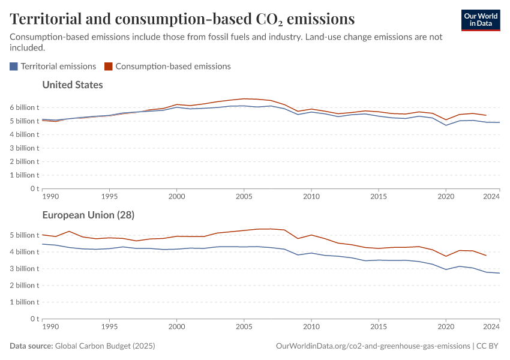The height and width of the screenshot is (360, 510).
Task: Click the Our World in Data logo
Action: (480, 19)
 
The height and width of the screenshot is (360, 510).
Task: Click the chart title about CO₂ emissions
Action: (182, 19)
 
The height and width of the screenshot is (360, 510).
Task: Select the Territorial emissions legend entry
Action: (53, 67)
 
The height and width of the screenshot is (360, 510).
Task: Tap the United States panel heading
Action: (73, 85)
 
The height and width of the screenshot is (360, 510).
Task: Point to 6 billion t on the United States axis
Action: (25, 107)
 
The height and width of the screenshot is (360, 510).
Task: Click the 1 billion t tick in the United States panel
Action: (25, 175)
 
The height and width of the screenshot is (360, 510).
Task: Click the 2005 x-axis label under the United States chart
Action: (244, 196)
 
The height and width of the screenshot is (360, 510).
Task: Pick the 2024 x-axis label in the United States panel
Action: (491, 196)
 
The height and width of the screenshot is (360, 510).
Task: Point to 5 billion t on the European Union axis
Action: (25, 235)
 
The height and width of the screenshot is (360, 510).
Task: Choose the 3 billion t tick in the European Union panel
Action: (25, 269)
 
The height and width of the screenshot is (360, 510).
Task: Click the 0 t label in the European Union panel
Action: (34, 319)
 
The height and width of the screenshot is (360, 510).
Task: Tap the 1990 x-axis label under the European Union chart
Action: (50, 327)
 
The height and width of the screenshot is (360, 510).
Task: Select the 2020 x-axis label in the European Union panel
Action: (445, 327)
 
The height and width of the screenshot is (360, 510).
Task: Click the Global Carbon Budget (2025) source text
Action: (105, 346)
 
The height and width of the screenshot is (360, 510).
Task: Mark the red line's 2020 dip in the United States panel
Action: (445, 119)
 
